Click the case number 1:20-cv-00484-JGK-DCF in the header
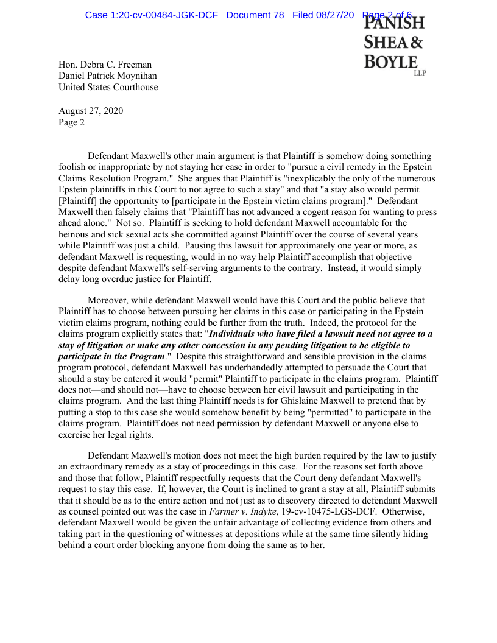[x=151, y=15]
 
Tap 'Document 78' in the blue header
[x=255, y=15]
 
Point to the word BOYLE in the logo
[x=391, y=62]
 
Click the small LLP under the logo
[x=420, y=73]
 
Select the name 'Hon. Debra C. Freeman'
[x=105, y=65]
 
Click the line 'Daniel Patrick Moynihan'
[x=108, y=76]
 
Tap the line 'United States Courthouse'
[x=108, y=87]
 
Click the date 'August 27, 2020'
[x=90, y=111]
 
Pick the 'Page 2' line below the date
[x=71, y=122]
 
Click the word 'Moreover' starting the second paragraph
[x=108, y=300]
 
